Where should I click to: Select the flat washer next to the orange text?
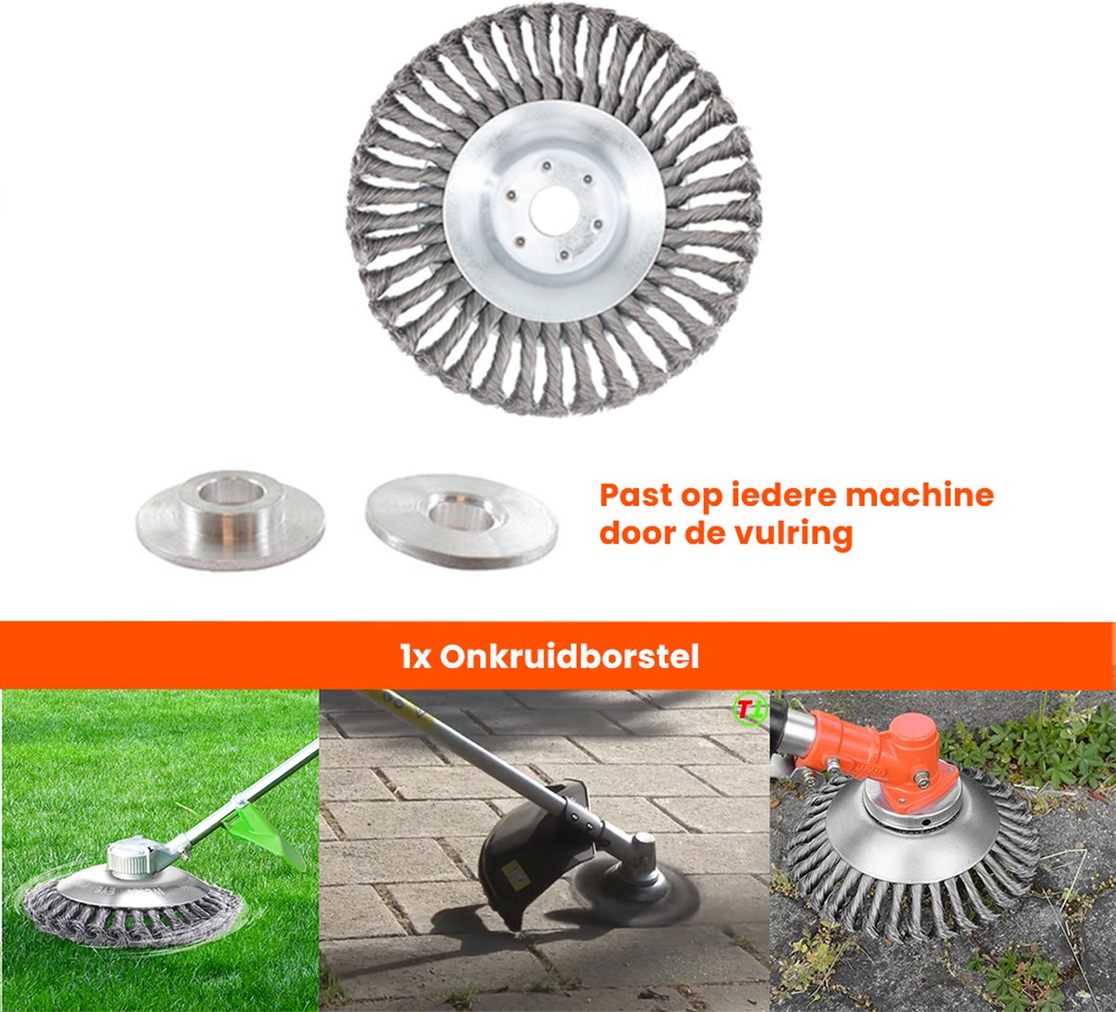[x=462, y=521]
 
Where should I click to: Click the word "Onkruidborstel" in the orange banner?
[x=569, y=657]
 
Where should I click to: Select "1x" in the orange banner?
[x=416, y=658]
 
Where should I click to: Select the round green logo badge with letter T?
[x=750, y=710]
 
